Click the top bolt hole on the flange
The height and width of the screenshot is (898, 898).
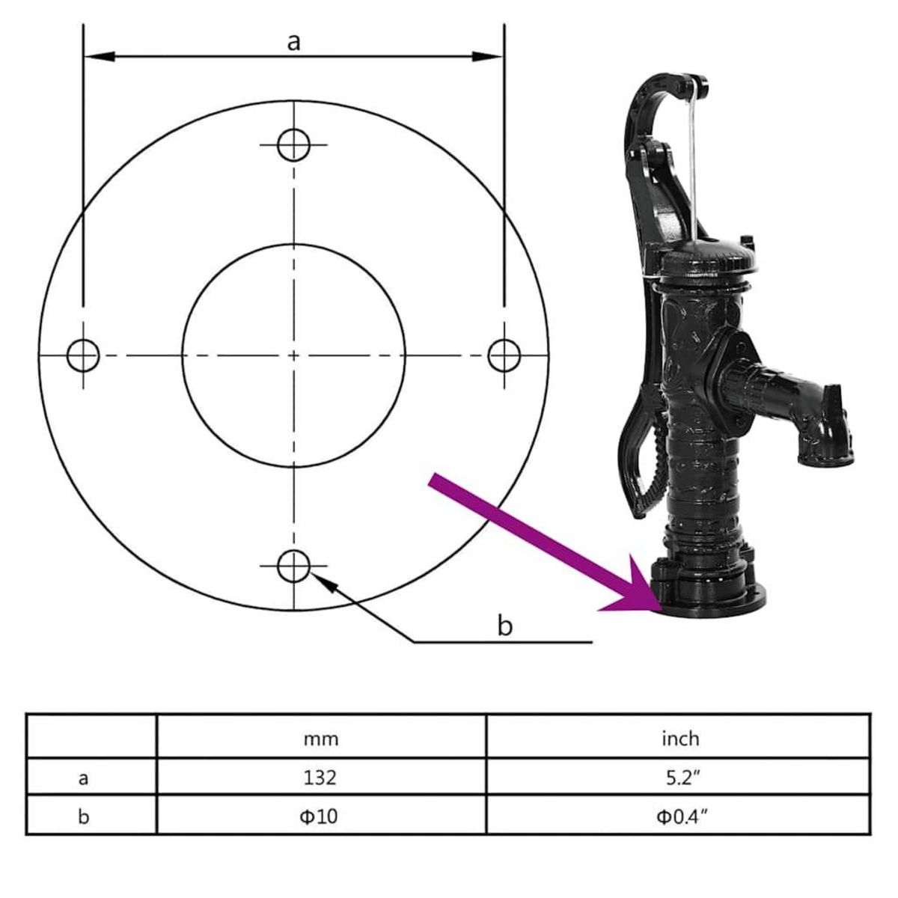pos(294,144)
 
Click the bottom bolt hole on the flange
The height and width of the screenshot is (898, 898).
pos(294,566)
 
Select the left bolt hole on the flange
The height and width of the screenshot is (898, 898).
pos(83,355)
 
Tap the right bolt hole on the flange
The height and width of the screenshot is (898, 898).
pos(504,355)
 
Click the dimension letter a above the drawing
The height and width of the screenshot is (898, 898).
pos(294,42)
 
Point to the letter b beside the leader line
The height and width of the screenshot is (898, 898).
pos(505,625)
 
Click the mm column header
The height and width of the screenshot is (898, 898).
pos(321,739)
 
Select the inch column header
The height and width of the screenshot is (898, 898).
pos(679,739)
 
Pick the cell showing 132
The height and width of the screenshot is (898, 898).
pos(321,778)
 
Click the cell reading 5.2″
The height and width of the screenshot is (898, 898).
pos(679,778)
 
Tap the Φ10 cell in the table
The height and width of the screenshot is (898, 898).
pos(321,815)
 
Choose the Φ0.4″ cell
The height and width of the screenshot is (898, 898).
pos(679,815)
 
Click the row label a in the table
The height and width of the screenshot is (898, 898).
pos(83,778)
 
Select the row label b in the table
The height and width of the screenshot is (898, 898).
pos(83,815)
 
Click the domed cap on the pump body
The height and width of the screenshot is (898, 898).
pos(706,257)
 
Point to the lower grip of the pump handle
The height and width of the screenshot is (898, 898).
pos(644,479)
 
